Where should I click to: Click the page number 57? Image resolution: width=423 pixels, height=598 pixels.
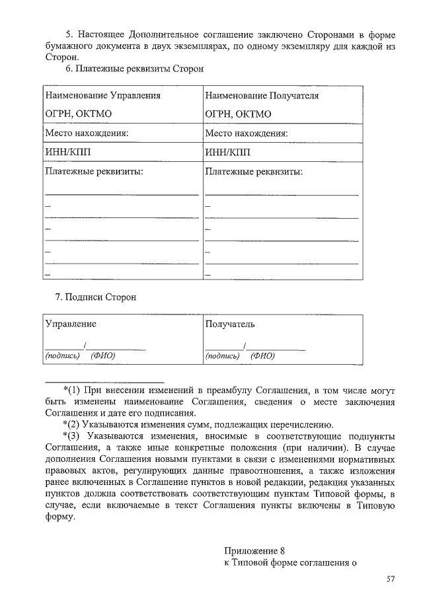click(390, 579)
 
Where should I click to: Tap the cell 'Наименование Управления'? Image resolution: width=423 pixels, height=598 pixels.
click(102, 96)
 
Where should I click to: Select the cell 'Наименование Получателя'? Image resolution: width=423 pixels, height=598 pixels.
click(262, 96)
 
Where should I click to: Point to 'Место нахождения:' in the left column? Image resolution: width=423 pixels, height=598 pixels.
click(86, 133)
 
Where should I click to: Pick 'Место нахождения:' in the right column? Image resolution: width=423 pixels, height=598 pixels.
click(247, 133)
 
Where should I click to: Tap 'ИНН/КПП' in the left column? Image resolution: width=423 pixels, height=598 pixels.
click(67, 153)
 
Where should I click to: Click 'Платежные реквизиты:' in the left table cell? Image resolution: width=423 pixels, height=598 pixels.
click(94, 172)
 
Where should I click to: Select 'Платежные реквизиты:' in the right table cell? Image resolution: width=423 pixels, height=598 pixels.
click(254, 172)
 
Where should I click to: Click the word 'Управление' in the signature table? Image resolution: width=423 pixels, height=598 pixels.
click(70, 324)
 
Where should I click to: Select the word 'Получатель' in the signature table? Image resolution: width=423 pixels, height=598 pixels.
click(229, 324)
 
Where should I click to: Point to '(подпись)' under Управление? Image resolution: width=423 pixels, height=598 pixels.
click(62, 355)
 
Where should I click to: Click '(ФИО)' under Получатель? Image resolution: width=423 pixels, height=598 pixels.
click(262, 355)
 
